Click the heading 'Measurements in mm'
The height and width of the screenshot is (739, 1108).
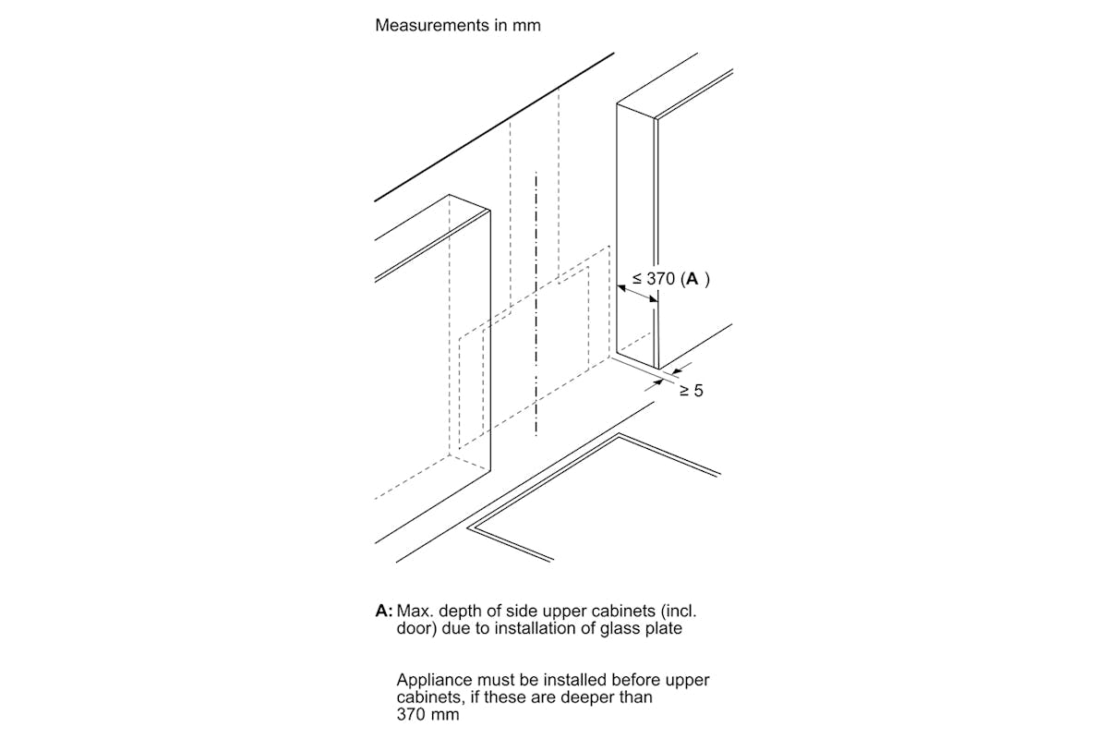tap(458, 25)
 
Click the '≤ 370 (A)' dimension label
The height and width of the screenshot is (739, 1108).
tap(670, 279)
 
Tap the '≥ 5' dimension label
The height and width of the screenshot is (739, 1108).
tap(691, 391)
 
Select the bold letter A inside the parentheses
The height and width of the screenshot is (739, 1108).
tap(692, 279)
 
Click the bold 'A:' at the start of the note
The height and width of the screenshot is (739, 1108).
tap(384, 611)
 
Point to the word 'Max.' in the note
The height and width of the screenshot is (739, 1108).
tap(415, 611)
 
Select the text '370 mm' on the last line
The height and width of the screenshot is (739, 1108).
tap(428, 714)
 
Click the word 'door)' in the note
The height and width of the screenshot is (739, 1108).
tap(416, 628)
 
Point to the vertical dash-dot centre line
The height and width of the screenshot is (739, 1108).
tap(536, 305)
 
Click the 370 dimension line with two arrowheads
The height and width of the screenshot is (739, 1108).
tap(638, 294)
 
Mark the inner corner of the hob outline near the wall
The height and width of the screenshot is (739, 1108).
tap(619, 434)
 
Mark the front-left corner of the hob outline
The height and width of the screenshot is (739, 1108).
tap(469, 528)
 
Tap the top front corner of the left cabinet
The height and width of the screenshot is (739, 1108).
tap(489, 210)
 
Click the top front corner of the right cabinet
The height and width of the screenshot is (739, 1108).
tap(656, 119)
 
